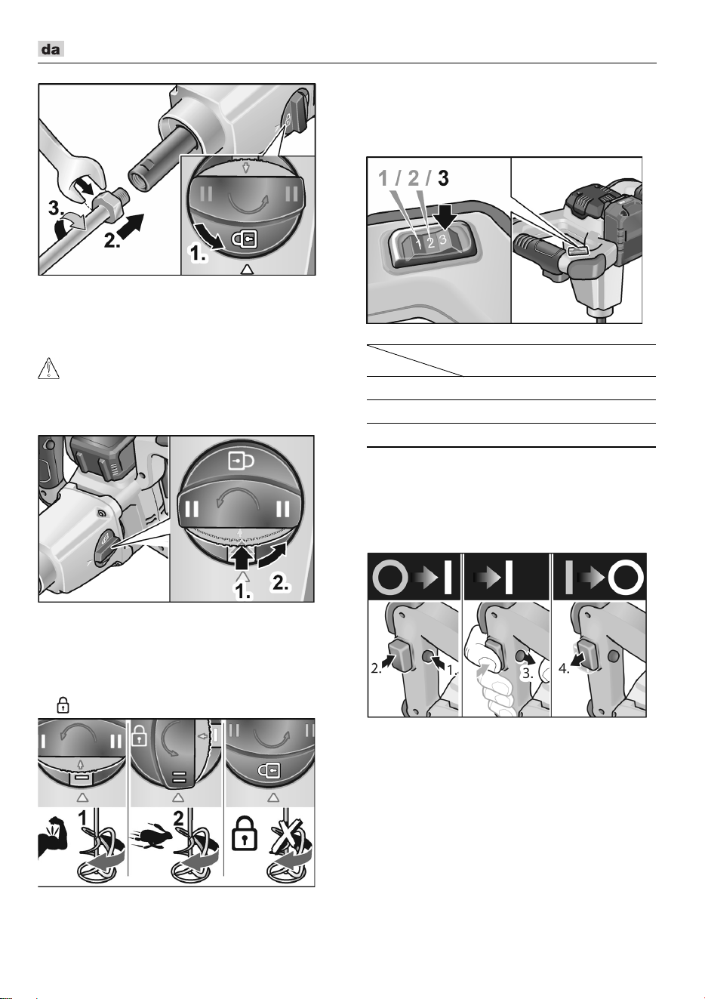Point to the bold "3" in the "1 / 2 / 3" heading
[x=443, y=178]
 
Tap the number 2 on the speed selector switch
[x=430, y=243]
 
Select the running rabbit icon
[x=149, y=837]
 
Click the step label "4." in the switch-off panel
[x=565, y=669]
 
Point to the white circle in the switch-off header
[x=628, y=578]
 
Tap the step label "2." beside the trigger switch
[x=377, y=669]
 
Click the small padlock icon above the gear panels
[x=63, y=705]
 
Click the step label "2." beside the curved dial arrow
[x=279, y=584]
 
